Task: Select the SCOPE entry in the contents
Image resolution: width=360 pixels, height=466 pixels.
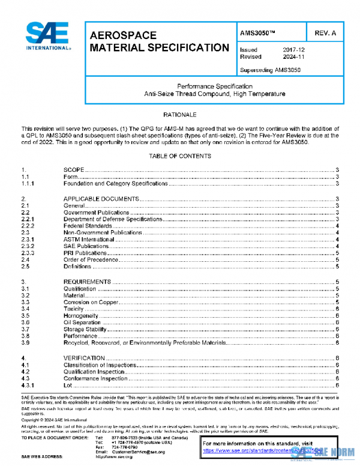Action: (74, 171)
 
